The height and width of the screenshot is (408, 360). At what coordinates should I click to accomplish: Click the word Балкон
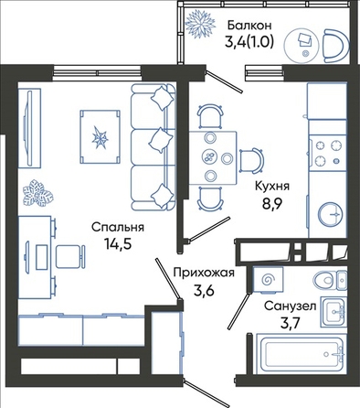point(249,26)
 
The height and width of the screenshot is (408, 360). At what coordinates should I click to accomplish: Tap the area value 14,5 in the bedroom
point(119,244)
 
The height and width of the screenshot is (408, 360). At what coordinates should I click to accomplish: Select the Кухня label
point(272,186)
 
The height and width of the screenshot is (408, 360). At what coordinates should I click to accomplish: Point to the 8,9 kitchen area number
point(273,203)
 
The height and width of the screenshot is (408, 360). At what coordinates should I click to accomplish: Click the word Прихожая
point(204,273)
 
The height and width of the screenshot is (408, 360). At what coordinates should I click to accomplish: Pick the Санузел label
point(290,306)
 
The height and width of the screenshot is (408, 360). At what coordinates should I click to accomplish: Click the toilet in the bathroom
point(330,279)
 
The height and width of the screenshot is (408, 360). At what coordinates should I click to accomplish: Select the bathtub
point(301,353)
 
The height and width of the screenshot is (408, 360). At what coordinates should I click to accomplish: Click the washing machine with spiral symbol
point(268,280)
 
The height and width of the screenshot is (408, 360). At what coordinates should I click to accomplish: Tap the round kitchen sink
point(331,214)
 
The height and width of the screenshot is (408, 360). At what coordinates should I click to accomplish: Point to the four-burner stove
point(328,153)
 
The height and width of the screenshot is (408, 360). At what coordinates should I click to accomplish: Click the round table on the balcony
point(302,45)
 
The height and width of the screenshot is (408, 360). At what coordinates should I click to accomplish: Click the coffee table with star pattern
point(100,137)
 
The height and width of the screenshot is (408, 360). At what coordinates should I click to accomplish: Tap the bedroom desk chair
point(70,256)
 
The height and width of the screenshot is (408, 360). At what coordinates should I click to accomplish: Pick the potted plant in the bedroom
point(38,193)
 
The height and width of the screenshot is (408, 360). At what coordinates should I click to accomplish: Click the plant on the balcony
point(201,23)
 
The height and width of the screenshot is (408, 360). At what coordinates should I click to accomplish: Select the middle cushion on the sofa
point(161,140)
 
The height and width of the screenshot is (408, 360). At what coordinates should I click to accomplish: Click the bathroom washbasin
point(334,312)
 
